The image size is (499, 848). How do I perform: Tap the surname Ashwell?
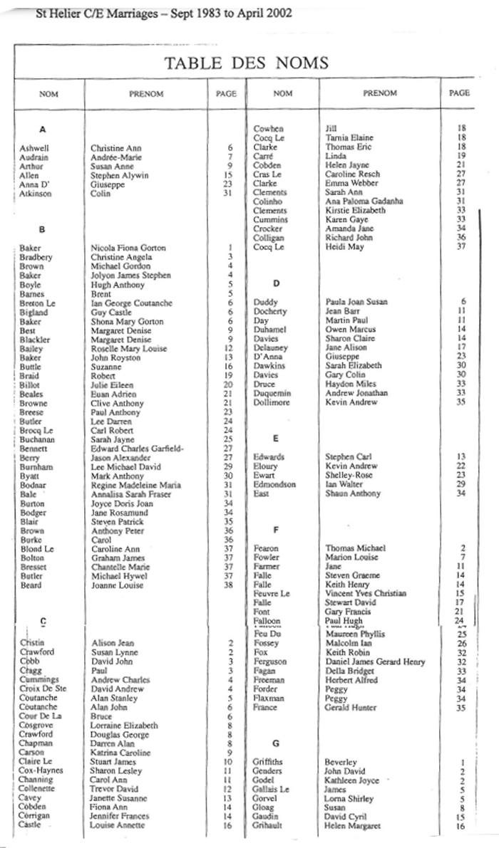pos(34,148)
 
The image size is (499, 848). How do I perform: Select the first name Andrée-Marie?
pos(113,157)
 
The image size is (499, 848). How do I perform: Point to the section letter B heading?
pos(42,229)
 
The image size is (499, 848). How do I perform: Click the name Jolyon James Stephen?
pos(131,276)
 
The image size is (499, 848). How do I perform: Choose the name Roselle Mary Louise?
pos(128,350)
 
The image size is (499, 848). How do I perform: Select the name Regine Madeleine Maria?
pos(135,485)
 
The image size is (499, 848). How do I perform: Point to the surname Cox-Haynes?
pos(41,770)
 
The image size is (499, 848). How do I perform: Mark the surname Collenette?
pos(40,789)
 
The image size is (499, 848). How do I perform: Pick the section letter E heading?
pos(275,439)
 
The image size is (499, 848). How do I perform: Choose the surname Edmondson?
pos(275,484)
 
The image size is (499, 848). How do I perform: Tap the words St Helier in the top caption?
pos(57,13)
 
